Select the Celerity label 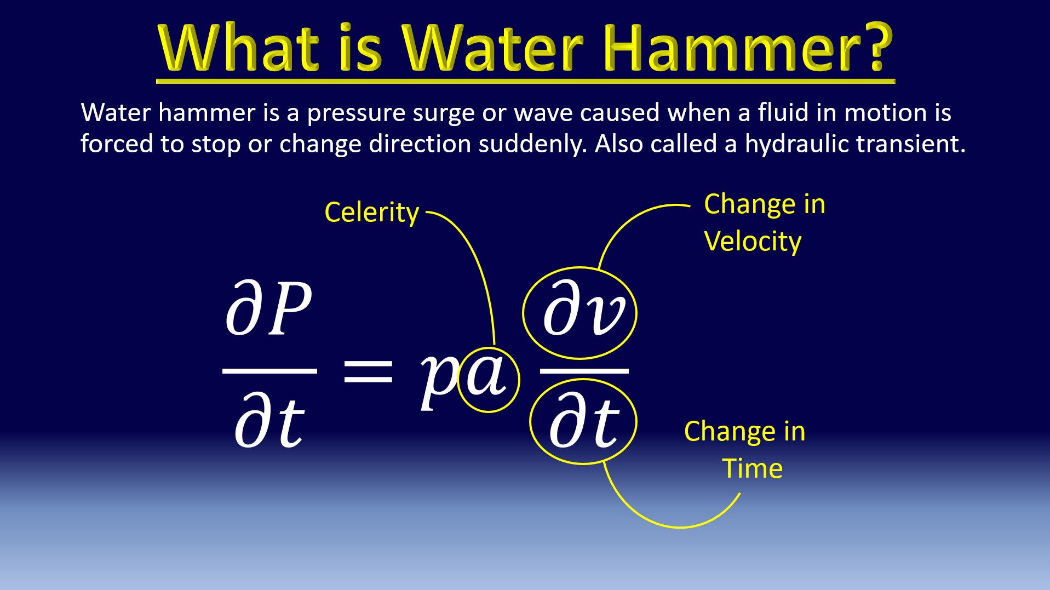click(x=371, y=213)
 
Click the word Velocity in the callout click(x=753, y=242)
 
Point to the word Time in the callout click(x=753, y=468)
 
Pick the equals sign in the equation click(x=368, y=371)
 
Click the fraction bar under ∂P click(x=269, y=371)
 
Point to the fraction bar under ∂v click(x=584, y=371)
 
